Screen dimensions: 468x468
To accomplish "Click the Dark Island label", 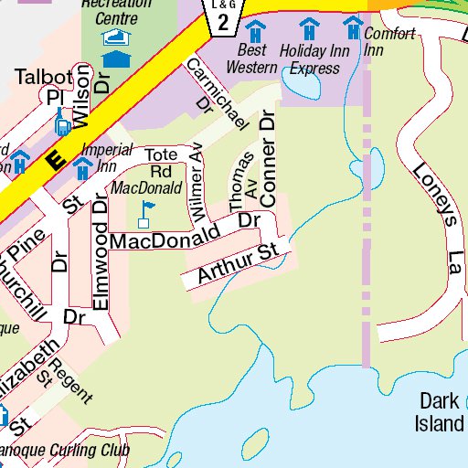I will tap(440, 412).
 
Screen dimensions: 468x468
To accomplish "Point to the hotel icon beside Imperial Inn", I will tap(82, 167).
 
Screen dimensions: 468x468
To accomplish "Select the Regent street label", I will tap(71, 379).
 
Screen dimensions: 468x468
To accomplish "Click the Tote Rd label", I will tap(162, 162).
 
